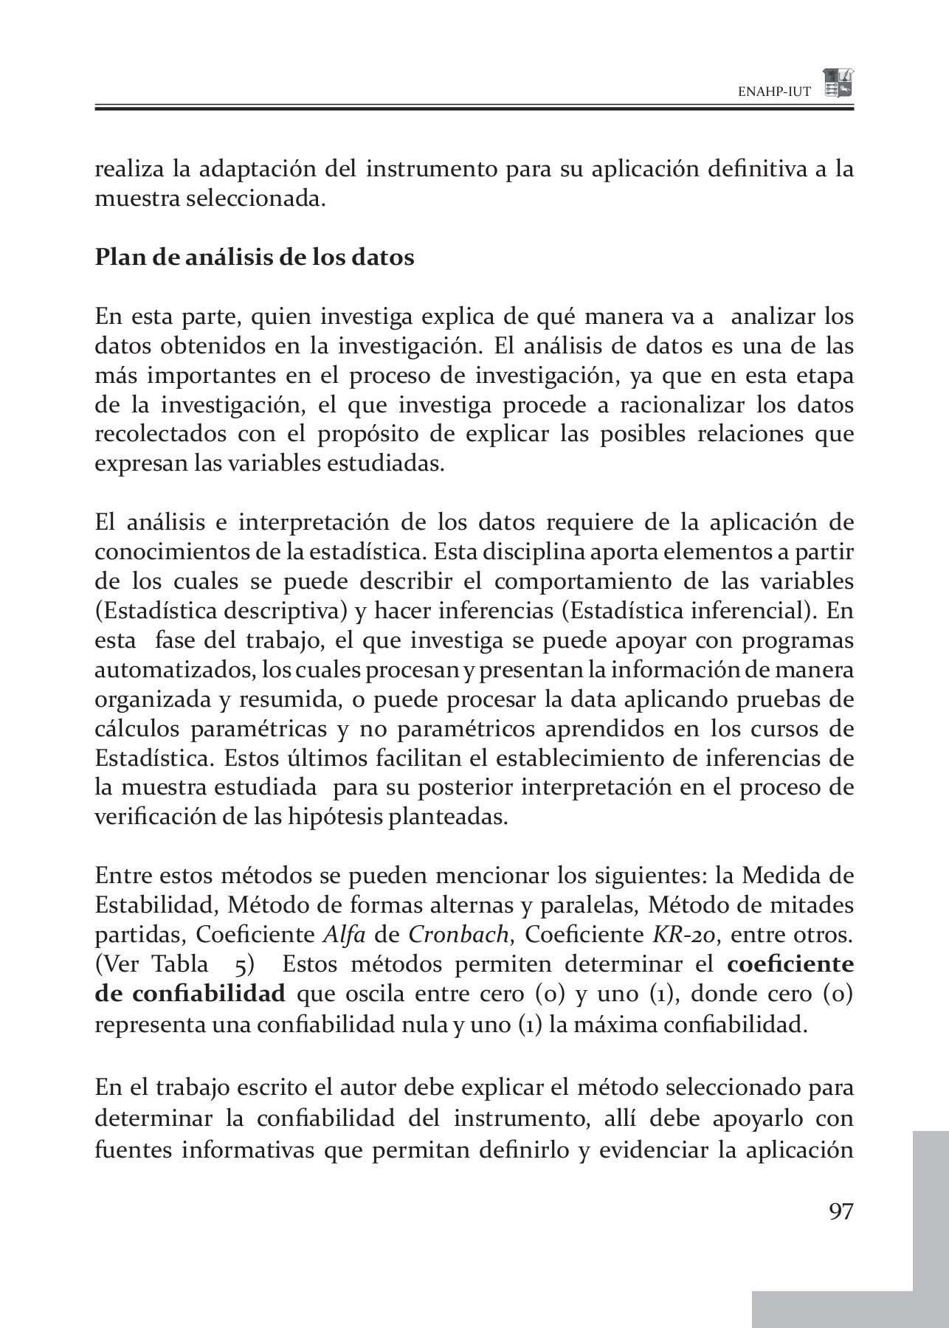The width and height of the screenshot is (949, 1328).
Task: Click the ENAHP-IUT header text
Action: click(774, 92)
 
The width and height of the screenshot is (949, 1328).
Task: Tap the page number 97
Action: click(841, 1211)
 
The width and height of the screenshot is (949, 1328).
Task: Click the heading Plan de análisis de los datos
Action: click(255, 257)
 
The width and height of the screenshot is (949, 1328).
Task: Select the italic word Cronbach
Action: click(458, 935)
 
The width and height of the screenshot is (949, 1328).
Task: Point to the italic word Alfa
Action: click(345, 935)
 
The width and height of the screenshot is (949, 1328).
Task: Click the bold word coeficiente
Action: click(790, 964)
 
